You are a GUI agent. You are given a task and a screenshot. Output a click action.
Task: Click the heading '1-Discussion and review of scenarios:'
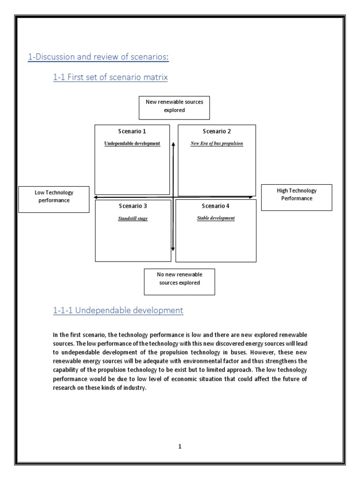97,57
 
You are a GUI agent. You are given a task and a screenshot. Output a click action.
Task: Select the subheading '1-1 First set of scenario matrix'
110,77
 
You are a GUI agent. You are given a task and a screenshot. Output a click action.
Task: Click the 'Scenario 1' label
132,131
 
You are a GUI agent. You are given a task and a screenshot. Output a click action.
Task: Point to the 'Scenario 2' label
217,131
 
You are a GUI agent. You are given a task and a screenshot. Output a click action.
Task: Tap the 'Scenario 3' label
133,206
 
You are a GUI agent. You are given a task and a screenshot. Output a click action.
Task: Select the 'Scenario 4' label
216,206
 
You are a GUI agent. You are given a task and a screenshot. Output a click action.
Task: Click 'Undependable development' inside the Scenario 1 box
132,143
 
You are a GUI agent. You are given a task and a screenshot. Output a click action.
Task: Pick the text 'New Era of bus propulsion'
217,143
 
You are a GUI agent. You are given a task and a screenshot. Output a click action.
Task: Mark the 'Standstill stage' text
133,218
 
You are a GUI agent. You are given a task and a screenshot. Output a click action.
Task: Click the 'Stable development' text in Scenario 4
216,218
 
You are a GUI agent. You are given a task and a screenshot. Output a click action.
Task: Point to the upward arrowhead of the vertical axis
173,144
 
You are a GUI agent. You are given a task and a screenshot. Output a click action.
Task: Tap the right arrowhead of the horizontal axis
251,198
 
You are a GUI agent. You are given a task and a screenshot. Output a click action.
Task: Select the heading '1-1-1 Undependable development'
118,310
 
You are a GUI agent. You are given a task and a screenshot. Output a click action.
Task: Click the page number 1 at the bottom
180,447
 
